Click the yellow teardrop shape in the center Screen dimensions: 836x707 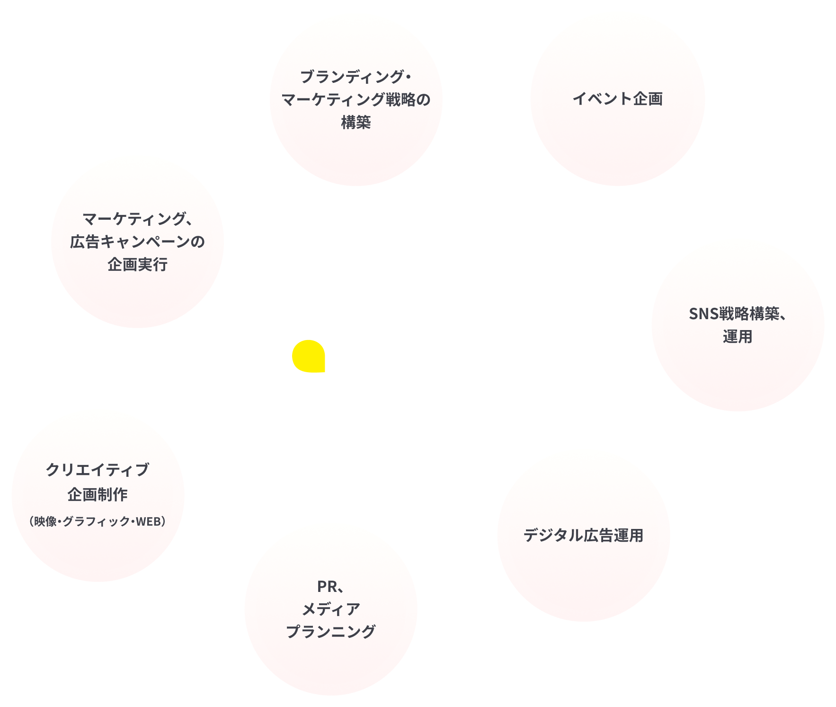point(309,356)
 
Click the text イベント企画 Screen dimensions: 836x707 point(618,98)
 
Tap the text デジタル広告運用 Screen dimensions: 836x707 point(583,535)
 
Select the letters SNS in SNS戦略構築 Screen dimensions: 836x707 point(704,313)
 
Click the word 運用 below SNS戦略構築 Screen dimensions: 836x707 point(738,337)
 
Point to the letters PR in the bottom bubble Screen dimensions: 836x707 point(327,586)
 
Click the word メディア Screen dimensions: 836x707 point(331,609)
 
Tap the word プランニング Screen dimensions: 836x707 point(331,631)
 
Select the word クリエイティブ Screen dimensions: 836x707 point(98,469)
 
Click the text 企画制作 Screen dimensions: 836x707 point(98,494)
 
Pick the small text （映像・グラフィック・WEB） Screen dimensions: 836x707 point(98,521)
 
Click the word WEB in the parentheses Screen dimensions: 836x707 point(148,521)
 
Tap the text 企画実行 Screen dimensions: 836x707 point(137,264)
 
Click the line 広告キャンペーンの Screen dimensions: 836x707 point(137,242)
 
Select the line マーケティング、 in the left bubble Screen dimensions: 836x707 point(137,219)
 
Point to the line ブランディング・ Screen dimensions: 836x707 point(356,76)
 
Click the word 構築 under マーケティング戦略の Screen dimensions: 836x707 point(356,122)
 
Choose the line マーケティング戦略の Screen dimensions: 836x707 point(356,99)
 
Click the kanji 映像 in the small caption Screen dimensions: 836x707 point(46,521)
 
